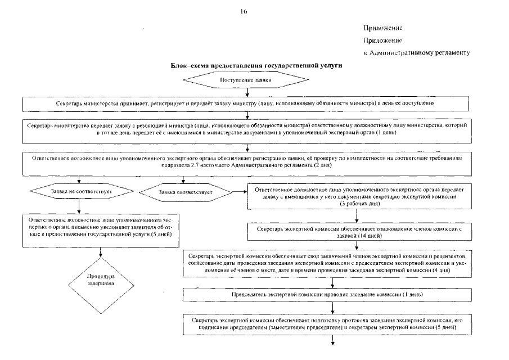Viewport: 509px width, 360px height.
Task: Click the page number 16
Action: click(x=244, y=11)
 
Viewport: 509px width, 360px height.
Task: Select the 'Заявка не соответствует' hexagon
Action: click(x=78, y=192)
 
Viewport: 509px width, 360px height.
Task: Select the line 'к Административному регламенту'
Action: click(x=416, y=52)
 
